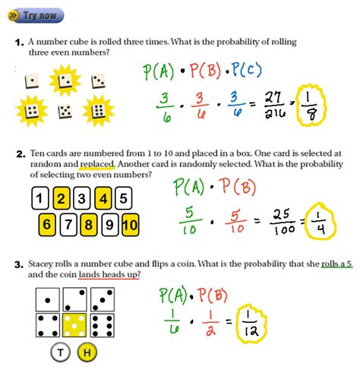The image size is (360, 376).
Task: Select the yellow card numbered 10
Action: (x=130, y=225)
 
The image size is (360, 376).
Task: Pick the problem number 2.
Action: (x=20, y=153)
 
